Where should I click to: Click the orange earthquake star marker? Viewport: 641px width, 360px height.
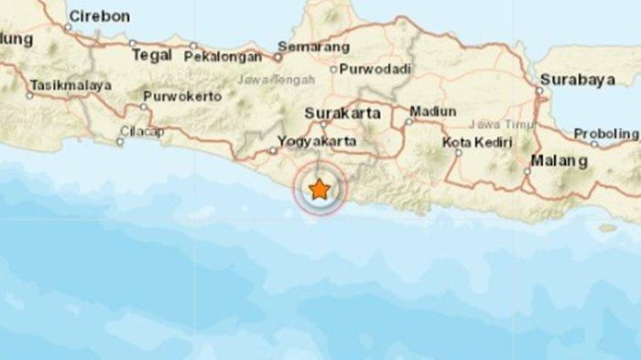click(x=320, y=190)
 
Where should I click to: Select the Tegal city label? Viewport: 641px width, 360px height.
click(x=152, y=54)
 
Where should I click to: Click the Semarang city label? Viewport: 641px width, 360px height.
click(x=315, y=45)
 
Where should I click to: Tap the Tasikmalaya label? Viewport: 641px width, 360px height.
click(x=71, y=85)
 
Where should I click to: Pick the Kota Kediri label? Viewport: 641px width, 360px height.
click(x=475, y=142)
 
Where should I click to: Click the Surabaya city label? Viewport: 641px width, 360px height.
click(x=576, y=80)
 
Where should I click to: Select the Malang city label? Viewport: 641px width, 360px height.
click(x=561, y=161)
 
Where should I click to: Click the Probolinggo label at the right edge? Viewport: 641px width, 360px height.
click(x=606, y=134)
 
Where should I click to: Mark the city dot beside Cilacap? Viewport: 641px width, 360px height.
click(x=122, y=141)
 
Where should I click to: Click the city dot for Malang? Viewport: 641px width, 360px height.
click(x=528, y=169)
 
